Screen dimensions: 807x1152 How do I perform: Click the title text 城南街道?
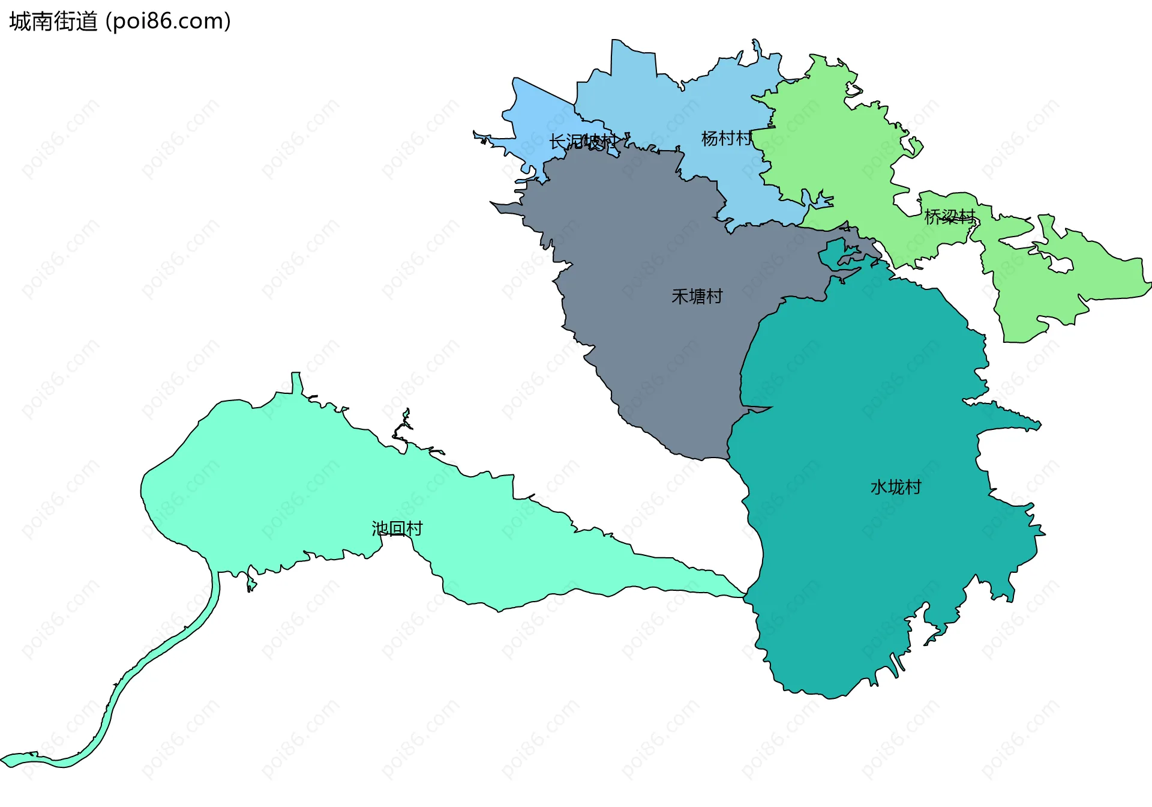click(x=53, y=22)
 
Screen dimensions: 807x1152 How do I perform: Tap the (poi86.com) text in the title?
click(x=168, y=22)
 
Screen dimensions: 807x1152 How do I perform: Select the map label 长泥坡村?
click(x=582, y=142)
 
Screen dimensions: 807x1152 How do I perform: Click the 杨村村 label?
click(x=726, y=139)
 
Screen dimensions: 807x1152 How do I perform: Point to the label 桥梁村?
click(x=950, y=217)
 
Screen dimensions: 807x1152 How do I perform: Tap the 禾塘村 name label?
click(x=697, y=297)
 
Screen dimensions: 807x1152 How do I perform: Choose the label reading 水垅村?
click(x=895, y=487)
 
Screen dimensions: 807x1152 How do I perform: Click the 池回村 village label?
click(x=397, y=528)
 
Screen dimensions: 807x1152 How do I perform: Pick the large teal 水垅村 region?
click(x=870, y=570)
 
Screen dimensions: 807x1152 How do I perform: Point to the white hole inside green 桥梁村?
click(x=1061, y=264)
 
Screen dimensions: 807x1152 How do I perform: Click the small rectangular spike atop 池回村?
click(x=296, y=382)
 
